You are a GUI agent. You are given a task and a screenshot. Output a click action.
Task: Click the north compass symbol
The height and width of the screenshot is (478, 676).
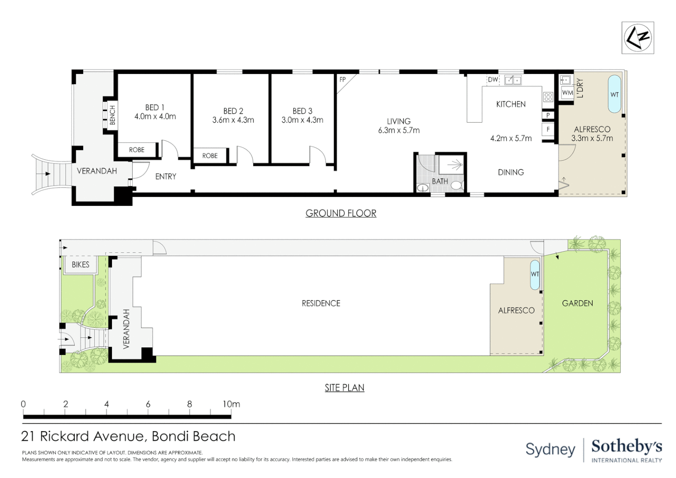(x=638, y=38)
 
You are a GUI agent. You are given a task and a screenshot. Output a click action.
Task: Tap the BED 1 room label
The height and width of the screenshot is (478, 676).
(x=154, y=108)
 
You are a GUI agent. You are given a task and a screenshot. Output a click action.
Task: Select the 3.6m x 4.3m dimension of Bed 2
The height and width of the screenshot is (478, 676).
(x=233, y=120)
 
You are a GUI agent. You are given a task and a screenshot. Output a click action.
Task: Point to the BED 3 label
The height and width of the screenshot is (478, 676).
(x=302, y=111)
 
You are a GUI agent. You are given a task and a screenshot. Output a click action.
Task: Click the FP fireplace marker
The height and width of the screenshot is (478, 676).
(x=342, y=80)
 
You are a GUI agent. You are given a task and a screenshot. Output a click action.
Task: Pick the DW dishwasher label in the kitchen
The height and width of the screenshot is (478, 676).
(x=493, y=80)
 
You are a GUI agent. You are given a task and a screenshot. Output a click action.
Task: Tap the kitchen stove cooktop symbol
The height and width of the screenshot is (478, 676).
(x=548, y=97)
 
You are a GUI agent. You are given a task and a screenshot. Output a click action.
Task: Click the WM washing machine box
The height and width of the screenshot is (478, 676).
(x=568, y=93)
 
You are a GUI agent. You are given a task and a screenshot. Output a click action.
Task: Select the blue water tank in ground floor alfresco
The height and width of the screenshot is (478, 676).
(x=615, y=94)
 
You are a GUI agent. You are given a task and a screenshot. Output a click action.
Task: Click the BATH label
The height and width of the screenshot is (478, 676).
(x=440, y=181)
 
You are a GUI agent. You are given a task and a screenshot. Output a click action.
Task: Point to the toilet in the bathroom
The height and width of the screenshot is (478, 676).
(x=457, y=185)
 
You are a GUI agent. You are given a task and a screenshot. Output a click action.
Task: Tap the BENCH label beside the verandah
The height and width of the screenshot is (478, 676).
(x=112, y=115)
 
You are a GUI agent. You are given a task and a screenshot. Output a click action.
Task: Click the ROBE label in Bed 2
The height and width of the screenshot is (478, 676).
(x=210, y=156)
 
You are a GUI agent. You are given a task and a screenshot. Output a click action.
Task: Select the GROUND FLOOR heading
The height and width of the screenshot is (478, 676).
(x=341, y=213)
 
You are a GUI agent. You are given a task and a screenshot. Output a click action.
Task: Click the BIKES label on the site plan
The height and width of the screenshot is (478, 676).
(x=81, y=265)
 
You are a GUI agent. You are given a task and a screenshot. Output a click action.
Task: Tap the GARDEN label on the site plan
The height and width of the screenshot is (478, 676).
(x=577, y=303)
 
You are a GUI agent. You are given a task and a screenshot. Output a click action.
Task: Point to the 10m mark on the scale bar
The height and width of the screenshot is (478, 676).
(x=231, y=404)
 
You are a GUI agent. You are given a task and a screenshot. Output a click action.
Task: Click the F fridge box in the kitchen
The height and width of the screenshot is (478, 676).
(x=548, y=129)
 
